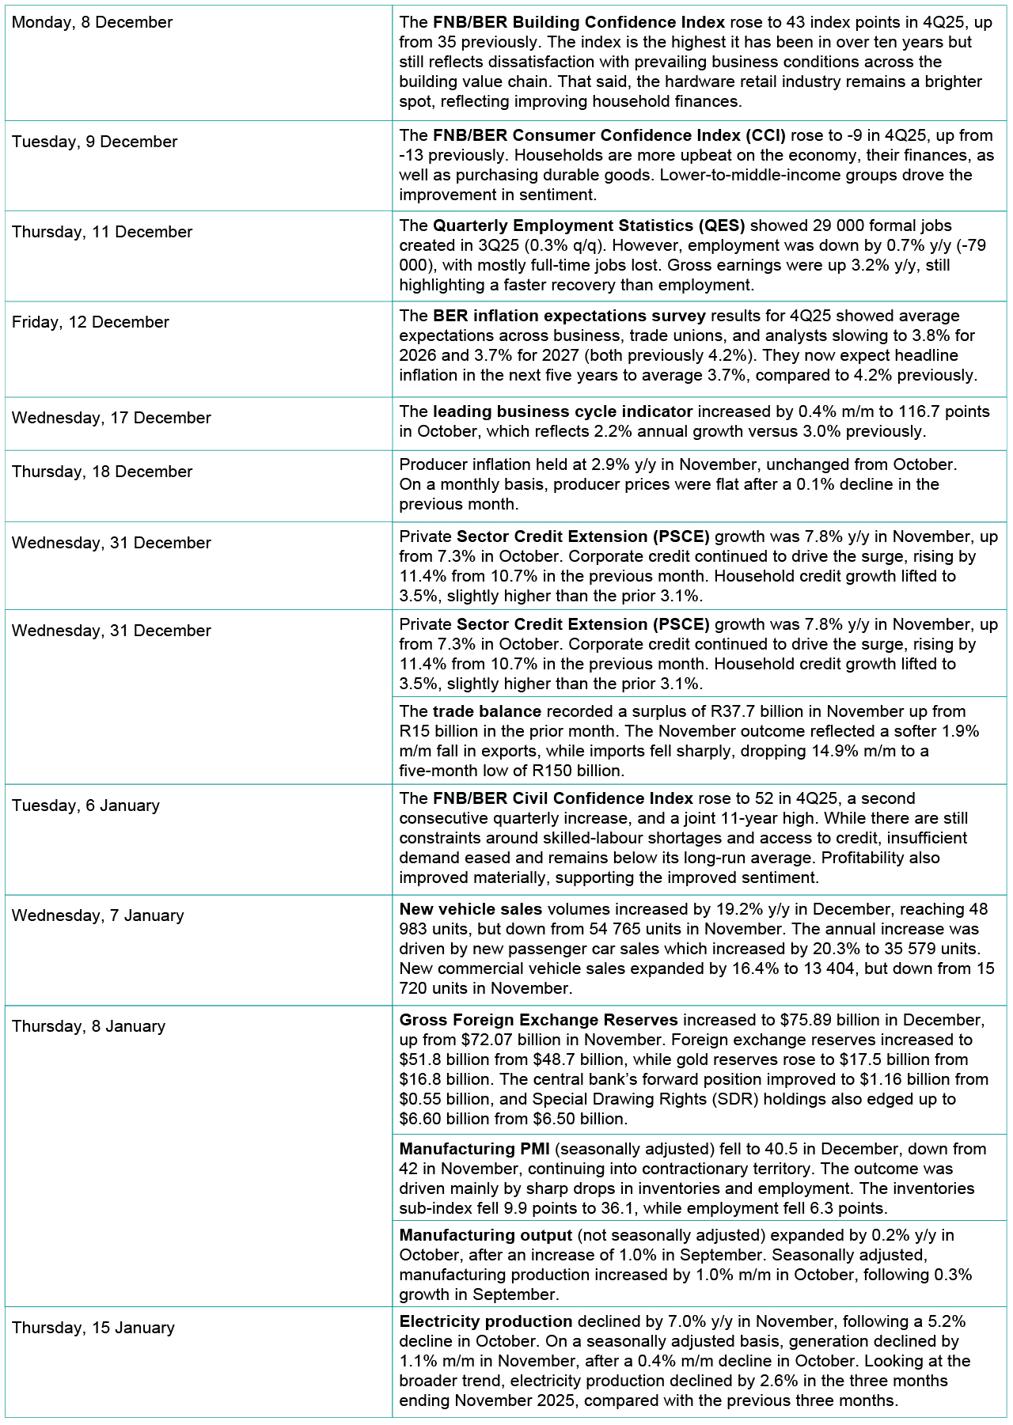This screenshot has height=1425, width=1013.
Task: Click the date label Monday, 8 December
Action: point(92,23)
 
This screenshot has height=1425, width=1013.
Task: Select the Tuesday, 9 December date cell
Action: point(94,142)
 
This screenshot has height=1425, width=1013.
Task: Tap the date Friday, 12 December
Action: point(90,322)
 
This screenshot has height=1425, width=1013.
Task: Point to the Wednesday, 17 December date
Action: point(112,418)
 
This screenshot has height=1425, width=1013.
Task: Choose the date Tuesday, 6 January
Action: point(85,805)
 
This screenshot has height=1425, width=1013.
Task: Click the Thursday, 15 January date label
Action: point(93,1328)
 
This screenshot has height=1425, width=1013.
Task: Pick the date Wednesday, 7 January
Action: point(97,915)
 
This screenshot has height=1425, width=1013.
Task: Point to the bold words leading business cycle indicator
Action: point(563,411)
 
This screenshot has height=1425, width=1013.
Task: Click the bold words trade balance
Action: point(487,711)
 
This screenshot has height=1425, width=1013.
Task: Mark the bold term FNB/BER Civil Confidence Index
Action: point(563,798)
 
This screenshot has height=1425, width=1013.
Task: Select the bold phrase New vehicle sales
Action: point(471,909)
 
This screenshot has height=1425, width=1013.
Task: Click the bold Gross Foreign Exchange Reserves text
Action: point(538,1020)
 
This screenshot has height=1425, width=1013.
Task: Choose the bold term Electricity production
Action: point(486,1321)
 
